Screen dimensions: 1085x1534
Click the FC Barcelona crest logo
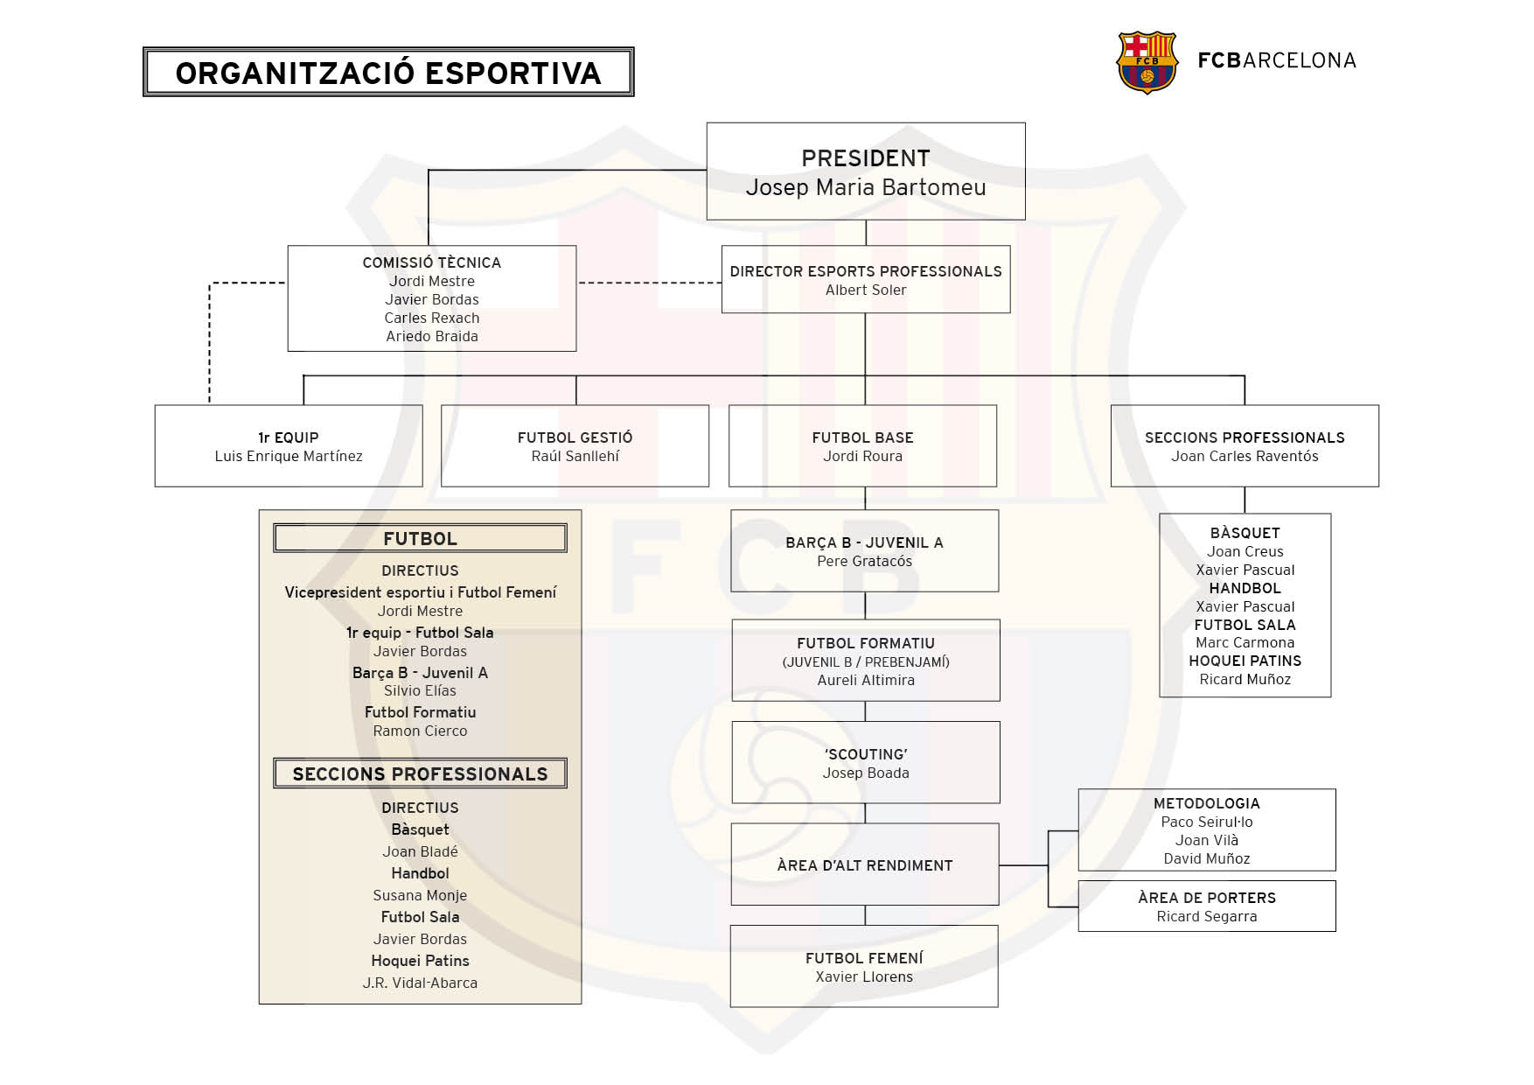[1147, 62]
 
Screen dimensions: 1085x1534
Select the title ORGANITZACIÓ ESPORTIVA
[388, 73]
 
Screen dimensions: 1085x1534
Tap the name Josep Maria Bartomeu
[865, 187]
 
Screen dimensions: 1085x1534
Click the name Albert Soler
[865, 290]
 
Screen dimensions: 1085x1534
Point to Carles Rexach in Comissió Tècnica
[431, 318]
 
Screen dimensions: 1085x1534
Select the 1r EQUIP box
[288, 445]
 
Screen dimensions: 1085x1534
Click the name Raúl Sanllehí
[575, 457]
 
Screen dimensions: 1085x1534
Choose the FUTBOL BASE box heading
[862, 437]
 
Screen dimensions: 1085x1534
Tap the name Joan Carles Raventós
[1244, 457]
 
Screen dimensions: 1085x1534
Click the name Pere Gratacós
[864, 562]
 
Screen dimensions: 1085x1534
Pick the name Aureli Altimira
[865, 681]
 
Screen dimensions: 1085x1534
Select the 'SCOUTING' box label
[865, 754]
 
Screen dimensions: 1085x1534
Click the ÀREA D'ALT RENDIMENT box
[864, 865]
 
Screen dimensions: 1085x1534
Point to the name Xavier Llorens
[863, 977]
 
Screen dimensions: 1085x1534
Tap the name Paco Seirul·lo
[1206, 822]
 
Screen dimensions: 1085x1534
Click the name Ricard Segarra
[1206, 917]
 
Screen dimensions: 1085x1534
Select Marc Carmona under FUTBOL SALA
[1244, 643]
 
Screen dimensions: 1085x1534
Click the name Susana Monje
[420, 896]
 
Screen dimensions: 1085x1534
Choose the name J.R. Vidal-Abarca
[420, 983]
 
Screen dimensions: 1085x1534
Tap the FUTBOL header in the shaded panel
[420, 539]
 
